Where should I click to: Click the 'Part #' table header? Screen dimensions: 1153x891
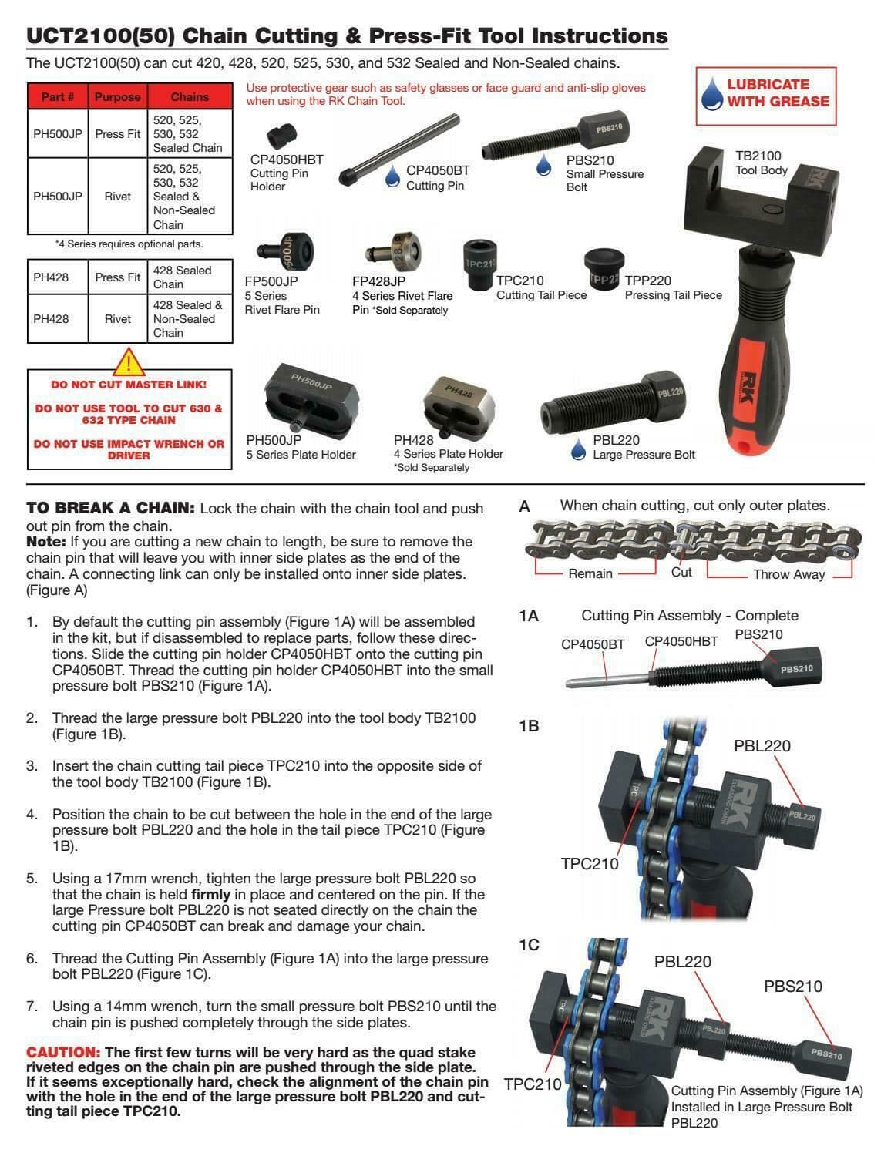tap(58, 97)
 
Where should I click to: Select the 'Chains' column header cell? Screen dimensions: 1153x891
tap(190, 97)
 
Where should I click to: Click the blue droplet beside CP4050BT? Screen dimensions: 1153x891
tap(393, 176)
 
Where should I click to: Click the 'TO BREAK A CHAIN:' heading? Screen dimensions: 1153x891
tap(110, 508)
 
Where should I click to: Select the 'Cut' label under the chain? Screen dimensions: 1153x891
tap(681, 572)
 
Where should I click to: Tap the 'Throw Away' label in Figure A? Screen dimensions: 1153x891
tap(788, 573)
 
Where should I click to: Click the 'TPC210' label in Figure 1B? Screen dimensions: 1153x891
tap(589, 863)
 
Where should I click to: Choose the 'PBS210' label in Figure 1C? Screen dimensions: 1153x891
tap(792, 986)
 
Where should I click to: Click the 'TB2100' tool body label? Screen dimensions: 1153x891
tap(758, 155)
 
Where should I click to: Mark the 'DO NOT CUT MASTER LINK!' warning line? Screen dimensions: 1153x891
tap(129, 384)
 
